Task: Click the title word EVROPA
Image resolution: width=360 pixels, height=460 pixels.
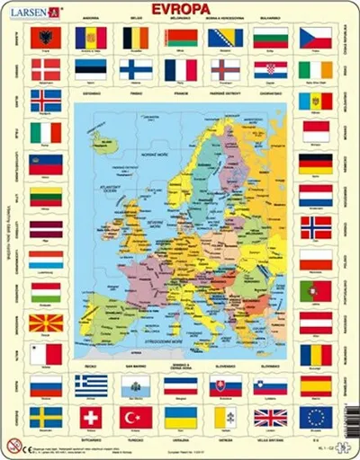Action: (x=180, y=11)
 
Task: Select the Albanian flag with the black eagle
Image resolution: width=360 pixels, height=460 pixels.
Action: (x=46, y=38)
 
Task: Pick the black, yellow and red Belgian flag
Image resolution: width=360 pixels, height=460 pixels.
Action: (x=136, y=38)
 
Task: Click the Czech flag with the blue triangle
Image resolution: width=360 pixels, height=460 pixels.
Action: (x=315, y=38)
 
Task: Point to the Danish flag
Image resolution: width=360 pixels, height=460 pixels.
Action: (x=46, y=70)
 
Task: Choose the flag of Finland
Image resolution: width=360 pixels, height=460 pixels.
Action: (x=136, y=70)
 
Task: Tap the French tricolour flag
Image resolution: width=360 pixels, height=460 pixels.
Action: (x=180, y=70)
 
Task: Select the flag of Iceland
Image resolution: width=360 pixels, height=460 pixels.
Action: (x=46, y=100)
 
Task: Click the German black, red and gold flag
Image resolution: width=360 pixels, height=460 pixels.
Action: (x=315, y=164)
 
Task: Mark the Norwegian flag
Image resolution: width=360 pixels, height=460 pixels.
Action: (x=315, y=227)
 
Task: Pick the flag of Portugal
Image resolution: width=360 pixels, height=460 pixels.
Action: (x=315, y=291)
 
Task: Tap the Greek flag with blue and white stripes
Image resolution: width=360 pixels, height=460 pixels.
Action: (x=91, y=385)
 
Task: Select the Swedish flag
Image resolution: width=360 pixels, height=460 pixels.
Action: (x=46, y=417)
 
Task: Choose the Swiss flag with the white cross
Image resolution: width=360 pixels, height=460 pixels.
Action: (x=91, y=417)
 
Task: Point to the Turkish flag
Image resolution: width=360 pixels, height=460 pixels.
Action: (x=136, y=417)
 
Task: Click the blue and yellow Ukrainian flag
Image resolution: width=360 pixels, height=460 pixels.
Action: (x=180, y=417)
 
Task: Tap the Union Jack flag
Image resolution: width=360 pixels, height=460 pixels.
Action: (x=270, y=417)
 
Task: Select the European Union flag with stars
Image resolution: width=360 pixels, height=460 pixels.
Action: (x=315, y=417)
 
